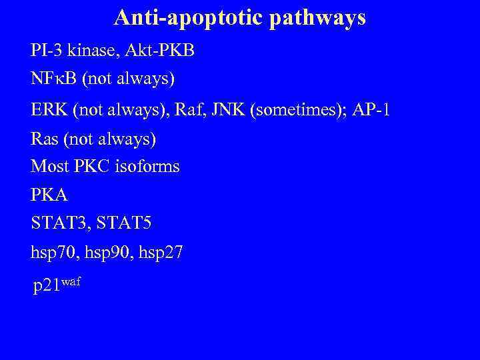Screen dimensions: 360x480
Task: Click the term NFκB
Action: pyautogui.click(x=53, y=80)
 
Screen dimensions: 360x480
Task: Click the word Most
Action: pyautogui.click(x=49, y=166)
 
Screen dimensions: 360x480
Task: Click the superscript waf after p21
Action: pyautogui.click(x=71, y=281)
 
